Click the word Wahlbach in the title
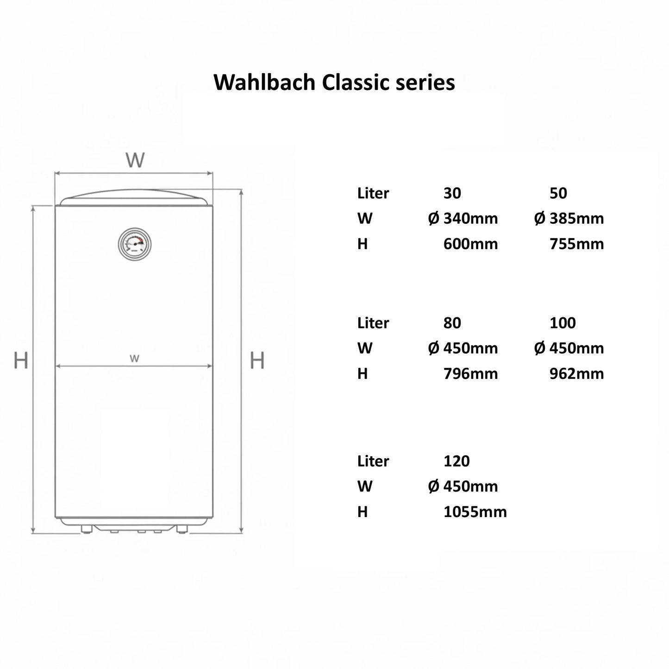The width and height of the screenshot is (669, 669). coord(264,82)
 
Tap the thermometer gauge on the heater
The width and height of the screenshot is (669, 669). coord(135,244)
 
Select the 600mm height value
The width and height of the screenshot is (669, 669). coord(470,244)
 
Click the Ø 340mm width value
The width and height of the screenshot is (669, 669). coord(463,218)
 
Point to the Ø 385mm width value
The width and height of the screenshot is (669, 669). coord(569,218)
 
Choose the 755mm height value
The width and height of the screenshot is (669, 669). coord(577,244)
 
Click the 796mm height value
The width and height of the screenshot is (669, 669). coord(470,373)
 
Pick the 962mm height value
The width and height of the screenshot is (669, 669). coord(577,373)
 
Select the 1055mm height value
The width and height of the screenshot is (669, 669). coord(475,512)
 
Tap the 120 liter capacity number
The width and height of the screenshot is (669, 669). coord(456,461)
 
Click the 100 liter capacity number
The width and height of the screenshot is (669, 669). coord(563,323)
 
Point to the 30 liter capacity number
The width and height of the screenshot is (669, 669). coord(452,193)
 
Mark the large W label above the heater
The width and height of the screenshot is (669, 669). coord(135,160)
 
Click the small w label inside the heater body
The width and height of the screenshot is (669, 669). coord(134,358)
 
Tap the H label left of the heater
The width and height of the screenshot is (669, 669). coord(21,360)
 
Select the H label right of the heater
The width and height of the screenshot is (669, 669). coord(257,360)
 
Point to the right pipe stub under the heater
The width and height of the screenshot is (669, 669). coord(182,529)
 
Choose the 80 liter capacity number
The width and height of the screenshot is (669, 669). coord(452,323)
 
